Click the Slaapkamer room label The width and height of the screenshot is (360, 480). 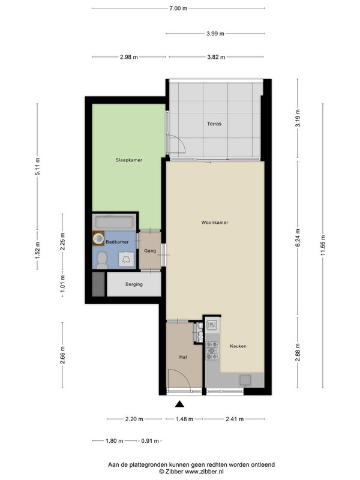[x=129, y=160]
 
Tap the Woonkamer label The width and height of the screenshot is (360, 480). [x=215, y=223]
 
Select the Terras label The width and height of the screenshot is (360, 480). [x=214, y=124]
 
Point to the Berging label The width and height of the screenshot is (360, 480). [x=134, y=284]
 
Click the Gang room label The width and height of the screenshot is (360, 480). [x=150, y=251]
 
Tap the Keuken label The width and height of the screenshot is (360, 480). [x=238, y=346]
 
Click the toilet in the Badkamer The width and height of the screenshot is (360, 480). [x=102, y=260]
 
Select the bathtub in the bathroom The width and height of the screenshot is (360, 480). [x=114, y=221]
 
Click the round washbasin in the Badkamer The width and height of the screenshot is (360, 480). [x=98, y=238]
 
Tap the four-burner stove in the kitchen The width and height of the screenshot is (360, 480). [x=212, y=351]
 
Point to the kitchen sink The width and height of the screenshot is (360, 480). [x=245, y=380]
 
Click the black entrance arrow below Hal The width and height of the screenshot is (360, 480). [x=179, y=404]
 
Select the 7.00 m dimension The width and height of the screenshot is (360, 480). [x=178, y=8]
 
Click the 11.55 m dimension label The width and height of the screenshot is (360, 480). [x=323, y=245]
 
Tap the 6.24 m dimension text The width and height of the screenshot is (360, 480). [x=298, y=238]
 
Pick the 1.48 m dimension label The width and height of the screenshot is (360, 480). [x=184, y=419]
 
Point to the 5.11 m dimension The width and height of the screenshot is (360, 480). [x=37, y=167]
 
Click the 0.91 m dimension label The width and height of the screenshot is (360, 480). [x=150, y=441]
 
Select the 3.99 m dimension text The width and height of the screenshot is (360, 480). [x=215, y=34]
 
